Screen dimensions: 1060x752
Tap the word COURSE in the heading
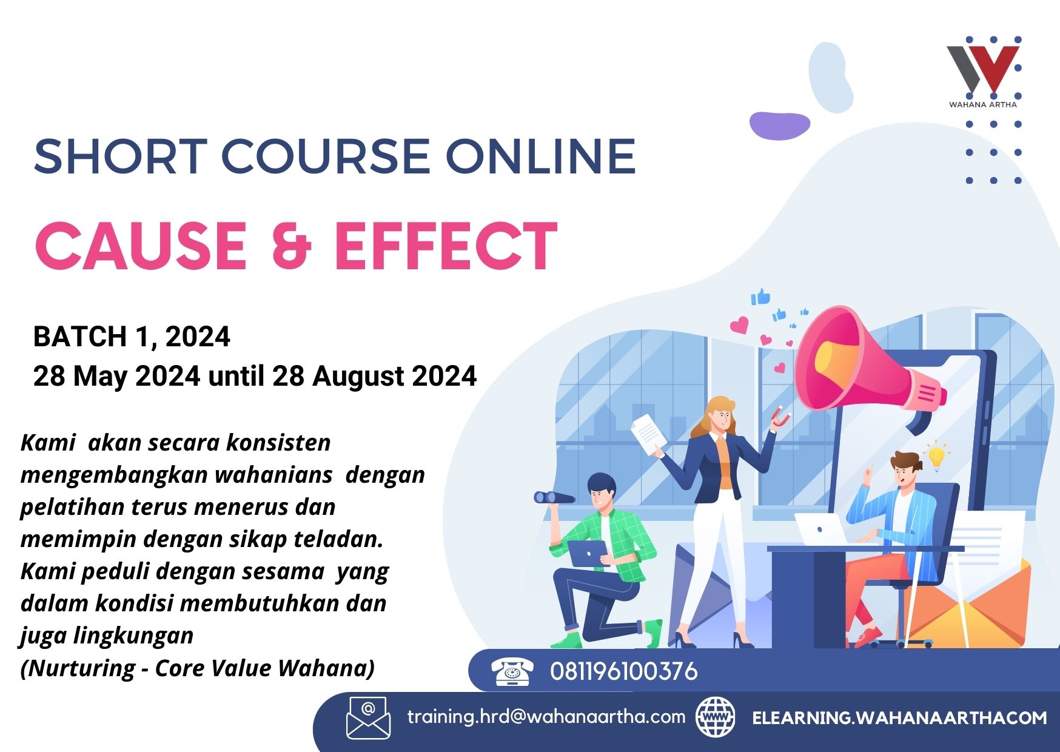click(327, 156)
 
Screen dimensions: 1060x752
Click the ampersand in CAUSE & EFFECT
click(291, 246)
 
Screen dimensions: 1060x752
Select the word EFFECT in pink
click(446, 246)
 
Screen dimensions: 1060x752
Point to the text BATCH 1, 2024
click(132, 337)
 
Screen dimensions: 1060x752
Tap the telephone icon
click(512, 671)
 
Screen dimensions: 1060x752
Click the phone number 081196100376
click(624, 671)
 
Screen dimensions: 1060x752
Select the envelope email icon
click(368, 718)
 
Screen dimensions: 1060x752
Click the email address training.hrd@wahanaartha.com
click(546, 717)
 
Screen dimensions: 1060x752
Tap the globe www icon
click(716, 717)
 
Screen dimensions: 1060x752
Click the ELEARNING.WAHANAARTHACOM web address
click(899, 718)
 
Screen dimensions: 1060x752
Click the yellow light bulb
click(936, 457)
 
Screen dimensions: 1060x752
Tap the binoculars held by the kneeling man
click(554, 498)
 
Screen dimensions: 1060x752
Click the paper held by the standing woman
click(648, 434)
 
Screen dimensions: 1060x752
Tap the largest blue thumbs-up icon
click(760, 297)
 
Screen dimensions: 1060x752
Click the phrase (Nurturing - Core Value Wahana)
click(198, 668)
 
